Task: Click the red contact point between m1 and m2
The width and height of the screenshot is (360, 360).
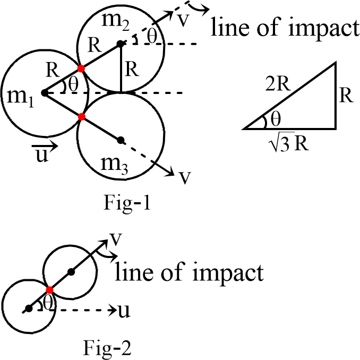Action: click(81, 68)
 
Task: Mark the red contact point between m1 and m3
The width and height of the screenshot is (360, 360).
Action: click(81, 116)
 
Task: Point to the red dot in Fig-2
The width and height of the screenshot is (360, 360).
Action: click(49, 290)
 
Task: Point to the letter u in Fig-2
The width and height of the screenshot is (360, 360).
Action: click(124, 310)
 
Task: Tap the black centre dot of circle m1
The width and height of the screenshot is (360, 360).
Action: click(44, 92)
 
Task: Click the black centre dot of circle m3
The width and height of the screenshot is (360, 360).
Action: click(121, 140)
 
